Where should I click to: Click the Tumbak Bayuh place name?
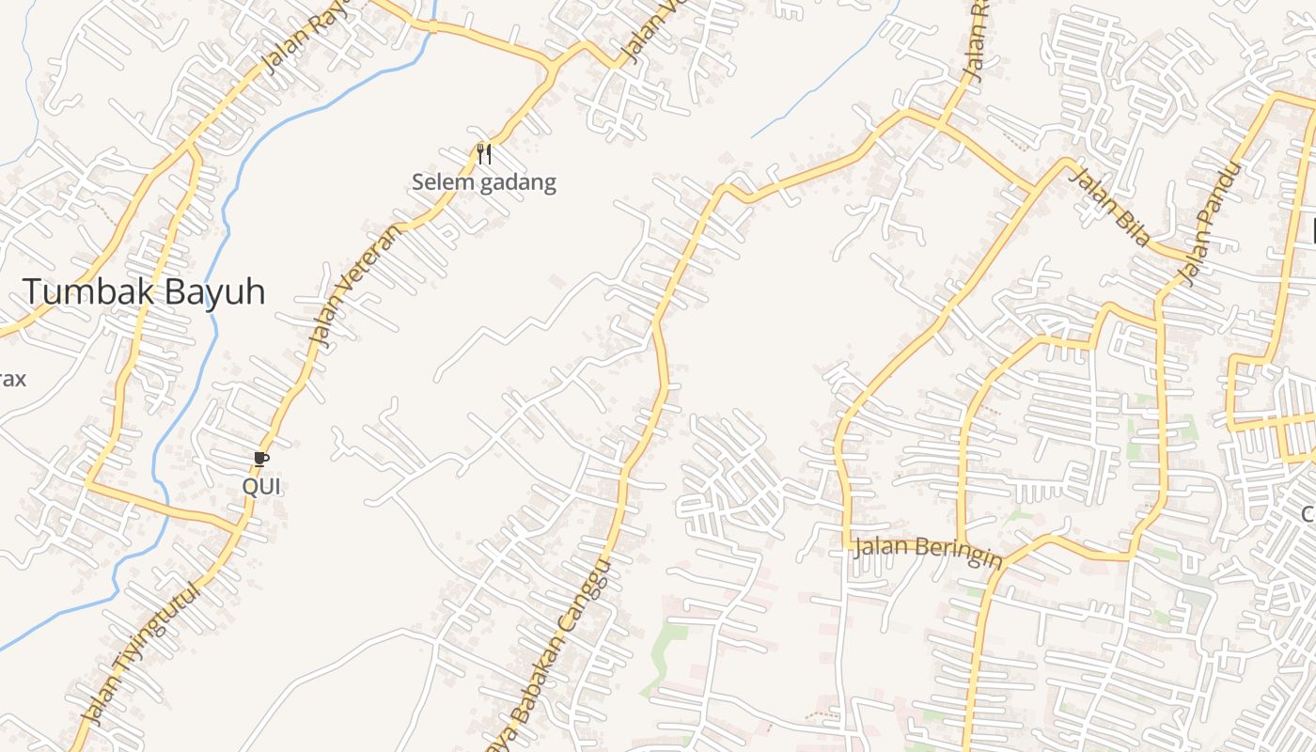tap(144, 292)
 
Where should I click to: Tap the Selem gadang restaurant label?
tap(484, 182)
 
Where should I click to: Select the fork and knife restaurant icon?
tap(484, 153)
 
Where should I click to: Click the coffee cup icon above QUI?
tap(261, 459)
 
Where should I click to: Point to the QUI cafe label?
tap(261, 487)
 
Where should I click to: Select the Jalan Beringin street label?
tap(928, 552)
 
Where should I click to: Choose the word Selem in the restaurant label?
tap(443, 182)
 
